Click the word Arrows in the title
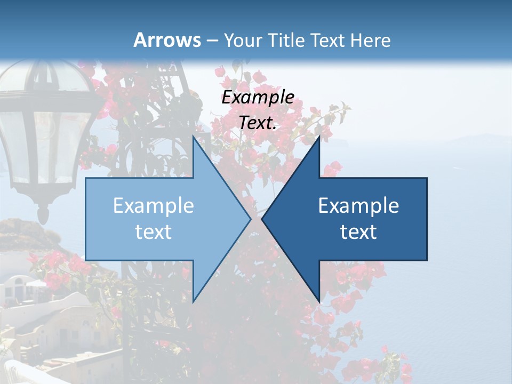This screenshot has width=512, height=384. (167, 40)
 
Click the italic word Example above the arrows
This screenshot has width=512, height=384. (258, 97)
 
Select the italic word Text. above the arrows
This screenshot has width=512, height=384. (258, 123)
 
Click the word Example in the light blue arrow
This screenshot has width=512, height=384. (154, 205)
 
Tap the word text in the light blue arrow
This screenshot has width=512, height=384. (154, 232)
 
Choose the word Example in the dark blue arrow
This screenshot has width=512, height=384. (358, 205)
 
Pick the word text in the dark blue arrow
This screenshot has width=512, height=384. (358, 232)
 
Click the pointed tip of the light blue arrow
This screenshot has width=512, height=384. (251, 219)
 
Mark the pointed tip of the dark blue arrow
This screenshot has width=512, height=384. (262, 219)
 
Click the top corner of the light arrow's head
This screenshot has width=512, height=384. (193, 135)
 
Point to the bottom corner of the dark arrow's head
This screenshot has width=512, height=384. (319, 302)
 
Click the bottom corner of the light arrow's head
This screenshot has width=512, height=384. (193, 302)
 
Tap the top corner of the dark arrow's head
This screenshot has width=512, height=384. (319, 135)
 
